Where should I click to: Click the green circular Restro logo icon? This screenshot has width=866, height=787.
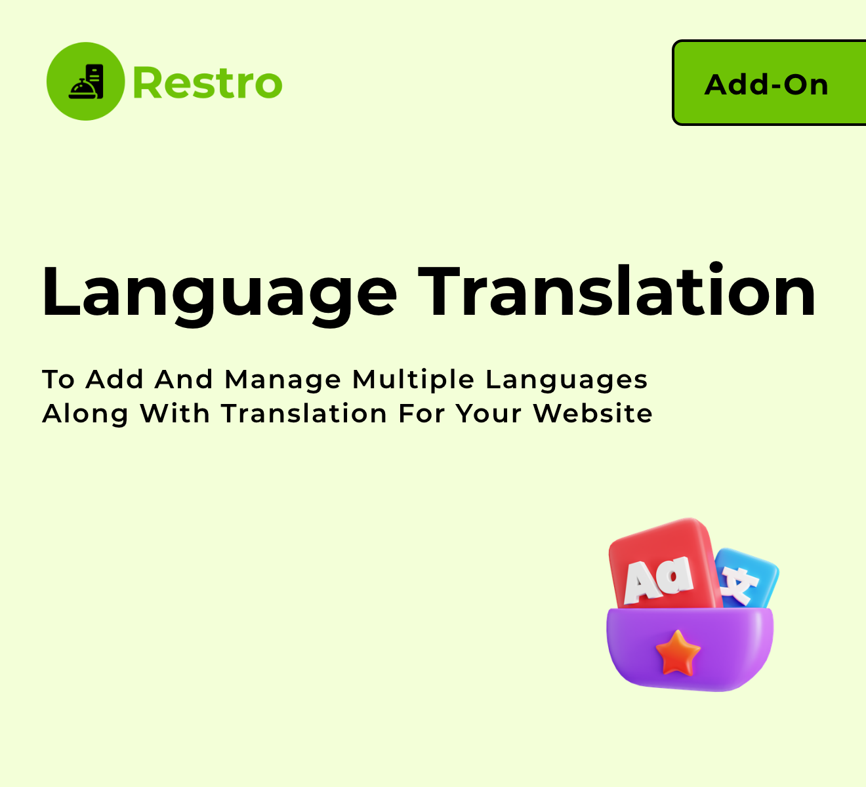[85, 81]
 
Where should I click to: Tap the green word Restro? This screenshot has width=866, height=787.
[208, 83]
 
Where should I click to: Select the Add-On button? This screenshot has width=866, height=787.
[769, 83]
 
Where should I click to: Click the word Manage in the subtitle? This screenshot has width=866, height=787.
[283, 380]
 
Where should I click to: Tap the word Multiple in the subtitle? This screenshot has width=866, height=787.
[413, 380]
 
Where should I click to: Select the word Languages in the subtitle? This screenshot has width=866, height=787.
[567, 380]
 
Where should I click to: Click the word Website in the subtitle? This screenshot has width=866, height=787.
[592, 413]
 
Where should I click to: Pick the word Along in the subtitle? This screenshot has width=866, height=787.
[85, 414]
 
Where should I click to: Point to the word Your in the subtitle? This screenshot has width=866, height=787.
[489, 414]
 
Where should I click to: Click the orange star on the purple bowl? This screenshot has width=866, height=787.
[678, 653]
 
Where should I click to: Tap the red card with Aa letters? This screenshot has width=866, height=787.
[664, 565]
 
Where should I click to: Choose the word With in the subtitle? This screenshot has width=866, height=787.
[175, 413]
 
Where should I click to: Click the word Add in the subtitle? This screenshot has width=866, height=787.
[114, 380]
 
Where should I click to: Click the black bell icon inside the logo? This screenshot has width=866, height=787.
[86, 81]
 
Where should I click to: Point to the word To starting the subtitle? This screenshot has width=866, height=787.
[58, 380]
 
